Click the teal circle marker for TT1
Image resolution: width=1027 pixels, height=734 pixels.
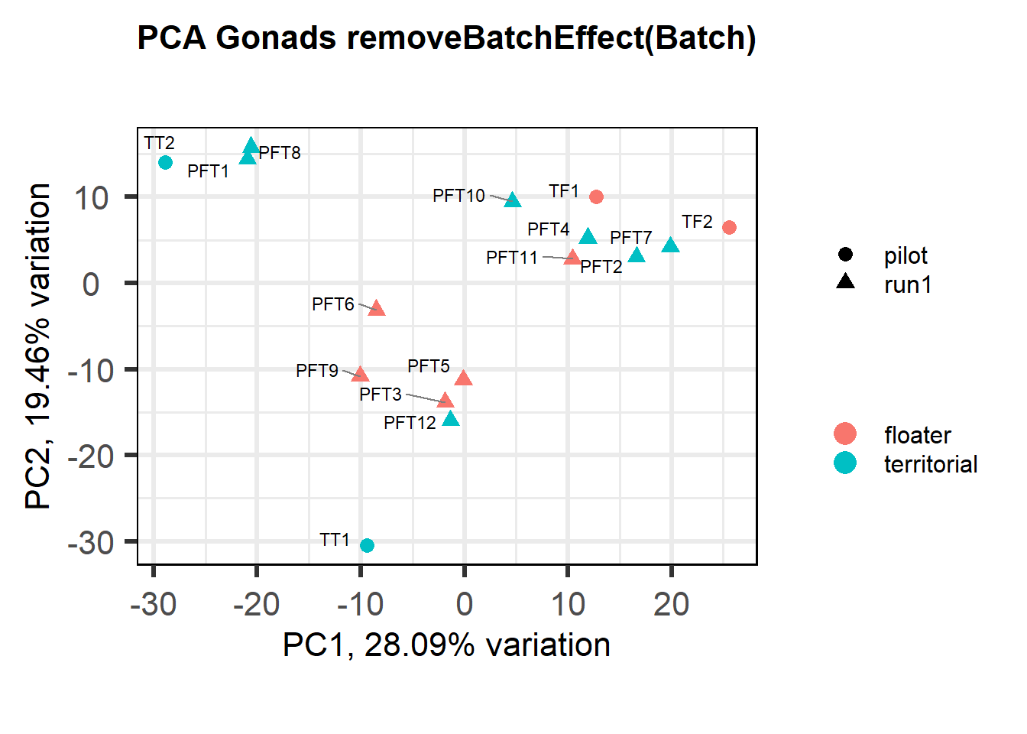click(367, 545)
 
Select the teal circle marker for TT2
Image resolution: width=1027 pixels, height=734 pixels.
click(165, 162)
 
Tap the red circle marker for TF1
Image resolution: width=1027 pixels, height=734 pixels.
click(596, 196)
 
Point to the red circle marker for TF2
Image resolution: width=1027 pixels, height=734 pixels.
click(729, 227)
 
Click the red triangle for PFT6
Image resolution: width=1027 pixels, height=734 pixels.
click(376, 309)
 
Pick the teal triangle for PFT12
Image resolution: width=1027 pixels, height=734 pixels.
click(451, 419)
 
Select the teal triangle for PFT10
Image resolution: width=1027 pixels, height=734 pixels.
click(512, 200)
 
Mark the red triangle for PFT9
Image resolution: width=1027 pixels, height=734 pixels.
click(360, 375)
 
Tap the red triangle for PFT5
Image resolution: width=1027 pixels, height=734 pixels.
click(463, 378)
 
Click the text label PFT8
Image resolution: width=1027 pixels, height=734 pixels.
click(280, 153)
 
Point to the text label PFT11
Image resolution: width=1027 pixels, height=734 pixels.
click(512, 258)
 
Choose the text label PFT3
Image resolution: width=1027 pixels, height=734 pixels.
click(381, 395)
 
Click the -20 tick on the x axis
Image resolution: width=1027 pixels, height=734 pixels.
click(257, 605)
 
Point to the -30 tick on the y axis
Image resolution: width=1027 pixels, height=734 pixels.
click(91, 543)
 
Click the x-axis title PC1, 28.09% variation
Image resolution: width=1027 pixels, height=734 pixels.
click(446, 645)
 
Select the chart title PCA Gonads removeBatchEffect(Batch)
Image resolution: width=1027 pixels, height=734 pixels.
click(446, 37)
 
